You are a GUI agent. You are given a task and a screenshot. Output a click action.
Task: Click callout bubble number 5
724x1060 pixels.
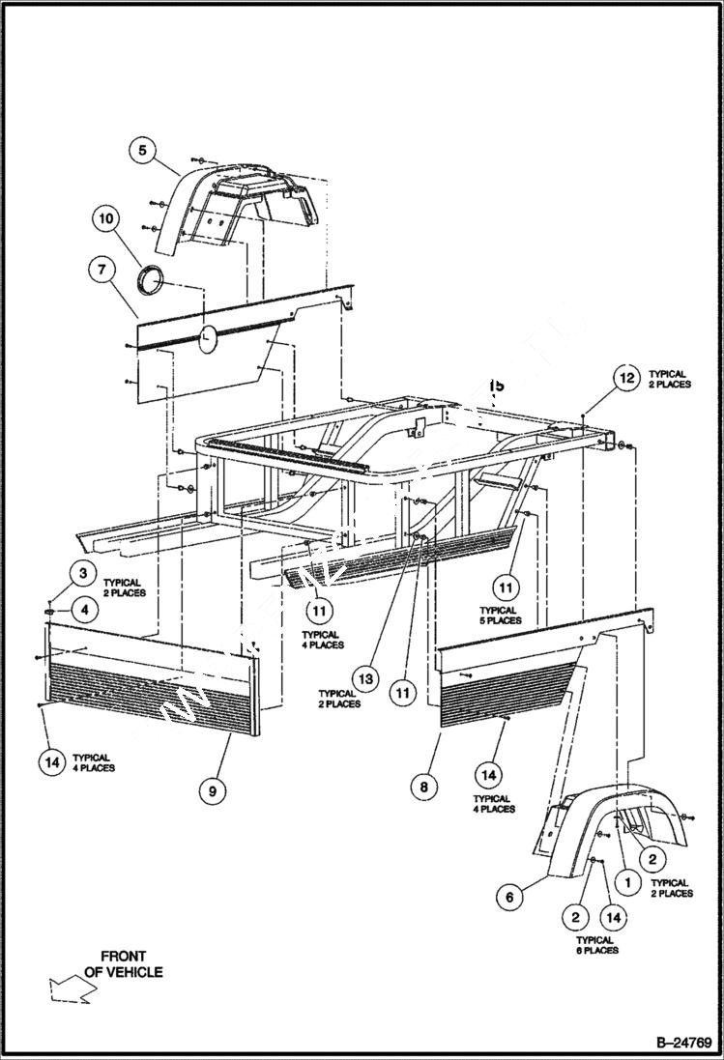coord(142,150)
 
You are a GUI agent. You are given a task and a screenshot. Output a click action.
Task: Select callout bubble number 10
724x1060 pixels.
coord(107,219)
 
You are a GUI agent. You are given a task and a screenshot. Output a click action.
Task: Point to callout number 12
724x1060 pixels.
coord(626,379)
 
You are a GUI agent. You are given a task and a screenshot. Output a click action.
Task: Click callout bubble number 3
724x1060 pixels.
coord(83,574)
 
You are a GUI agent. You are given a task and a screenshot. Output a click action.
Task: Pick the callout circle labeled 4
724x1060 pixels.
coord(83,610)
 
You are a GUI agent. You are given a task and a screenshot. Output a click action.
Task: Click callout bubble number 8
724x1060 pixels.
coord(423,788)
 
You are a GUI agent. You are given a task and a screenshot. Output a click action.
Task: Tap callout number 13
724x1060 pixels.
coord(365,680)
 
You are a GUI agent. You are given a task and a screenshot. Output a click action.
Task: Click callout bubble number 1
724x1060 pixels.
coord(626,881)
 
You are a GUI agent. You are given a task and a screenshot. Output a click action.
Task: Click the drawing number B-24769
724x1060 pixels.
coord(683,1043)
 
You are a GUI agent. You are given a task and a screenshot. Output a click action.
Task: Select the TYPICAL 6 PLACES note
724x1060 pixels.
coord(595,945)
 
